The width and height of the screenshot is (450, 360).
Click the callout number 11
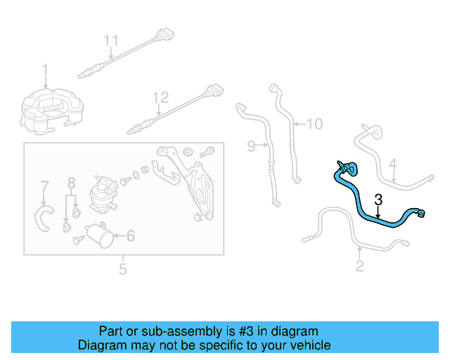tap(111, 41)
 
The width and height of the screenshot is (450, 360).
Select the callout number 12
tap(160, 98)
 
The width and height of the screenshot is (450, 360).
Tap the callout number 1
tap(45, 70)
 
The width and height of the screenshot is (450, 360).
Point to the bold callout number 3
tap(378, 200)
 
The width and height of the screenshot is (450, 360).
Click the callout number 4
tap(393, 164)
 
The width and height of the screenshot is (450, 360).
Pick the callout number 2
tap(359, 266)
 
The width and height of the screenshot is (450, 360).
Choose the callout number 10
tap(315, 124)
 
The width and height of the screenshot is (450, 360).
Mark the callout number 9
tap(251, 146)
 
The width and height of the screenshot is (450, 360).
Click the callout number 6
tap(131, 236)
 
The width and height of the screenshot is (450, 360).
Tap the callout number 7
tap(44, 186)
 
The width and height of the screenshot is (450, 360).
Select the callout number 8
tap(71, 183)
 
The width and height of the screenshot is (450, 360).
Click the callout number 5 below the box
tap(123, 269)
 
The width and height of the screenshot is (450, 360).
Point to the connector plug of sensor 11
tap(166, 34)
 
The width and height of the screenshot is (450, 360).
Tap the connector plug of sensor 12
tap(215, 91)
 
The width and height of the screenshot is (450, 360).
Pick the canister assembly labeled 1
tap(51, 111)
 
